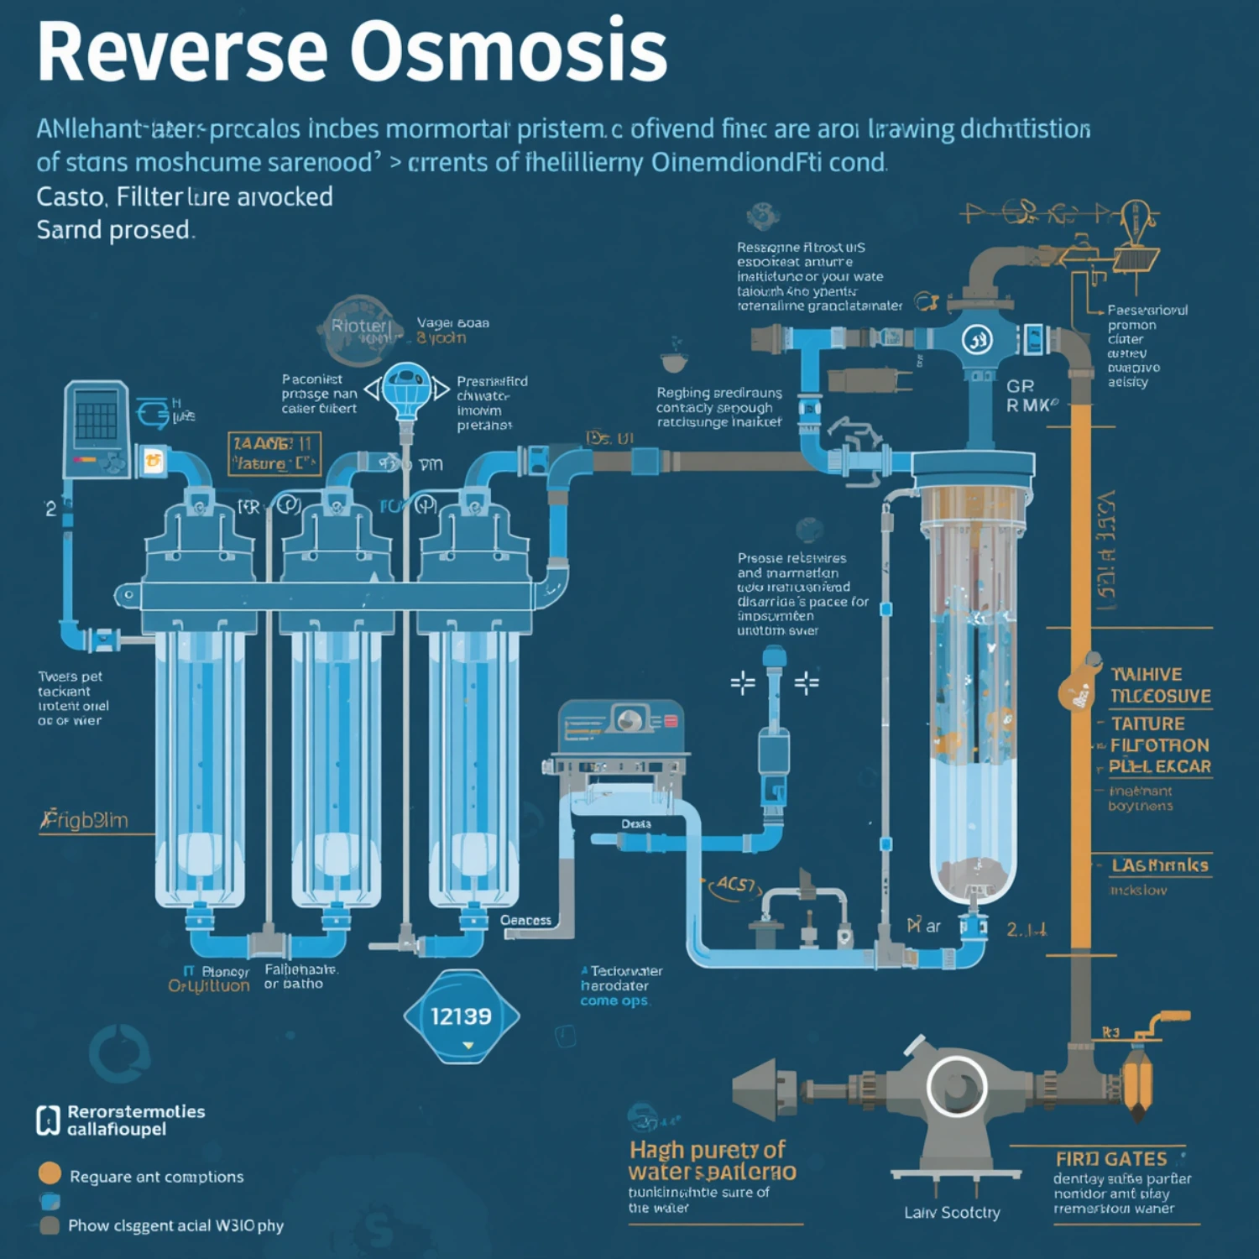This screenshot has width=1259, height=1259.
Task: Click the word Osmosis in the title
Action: (x=508, y=52)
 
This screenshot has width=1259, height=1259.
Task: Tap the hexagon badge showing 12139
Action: (x=461, y=1016)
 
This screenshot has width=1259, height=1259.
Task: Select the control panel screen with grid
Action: (x=97, y=417)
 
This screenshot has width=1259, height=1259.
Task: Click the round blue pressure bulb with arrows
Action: (x=407, y=389)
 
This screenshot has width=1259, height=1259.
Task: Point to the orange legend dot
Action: (x=50, y=1173)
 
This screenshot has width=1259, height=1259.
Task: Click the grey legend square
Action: (x=50, y=1225)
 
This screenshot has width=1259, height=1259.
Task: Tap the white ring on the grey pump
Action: (x=956, y=1086)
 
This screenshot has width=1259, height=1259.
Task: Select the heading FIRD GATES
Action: (x=1111, y=1159)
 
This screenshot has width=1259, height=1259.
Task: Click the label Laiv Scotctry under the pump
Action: (x=952, y=1213)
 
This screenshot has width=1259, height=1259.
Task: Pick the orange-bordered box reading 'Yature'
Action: (x=274, y=454)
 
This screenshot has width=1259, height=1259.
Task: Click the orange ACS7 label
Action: (x=735, y=885)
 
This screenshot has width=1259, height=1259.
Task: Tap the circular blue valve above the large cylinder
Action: (x=977, y=340)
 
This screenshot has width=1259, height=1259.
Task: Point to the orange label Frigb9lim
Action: (x=85, y=820)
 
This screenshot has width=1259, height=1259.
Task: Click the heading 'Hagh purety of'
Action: (x=708, y=1149)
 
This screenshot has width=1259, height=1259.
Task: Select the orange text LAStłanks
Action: (x=1159, y=865)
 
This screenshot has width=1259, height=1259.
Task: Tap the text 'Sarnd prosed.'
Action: (x=116, y=230)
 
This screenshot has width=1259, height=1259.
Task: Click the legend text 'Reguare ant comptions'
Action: (x=157, y=1177)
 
